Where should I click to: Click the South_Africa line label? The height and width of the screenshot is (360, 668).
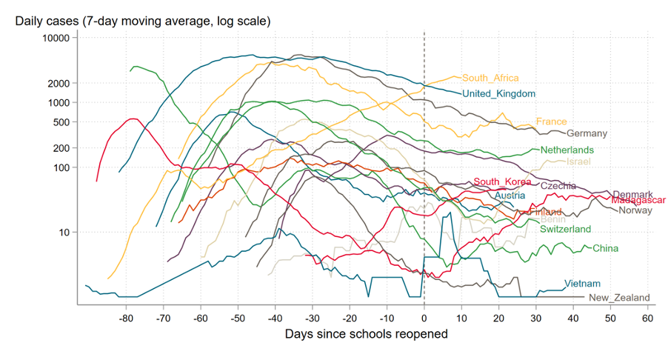click(x=490, y=78)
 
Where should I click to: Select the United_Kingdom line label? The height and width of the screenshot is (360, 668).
click(x=498, y=93)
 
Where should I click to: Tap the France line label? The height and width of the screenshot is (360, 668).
click(x=551, y=121)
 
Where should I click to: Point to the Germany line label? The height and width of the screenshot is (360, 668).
click(x=587, y=133)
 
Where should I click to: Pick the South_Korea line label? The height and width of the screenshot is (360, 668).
click(x=502, y=181)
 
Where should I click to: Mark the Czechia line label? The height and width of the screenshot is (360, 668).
click(x=558, y=186)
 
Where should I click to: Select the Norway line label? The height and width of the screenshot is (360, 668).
click(x=635, y=210)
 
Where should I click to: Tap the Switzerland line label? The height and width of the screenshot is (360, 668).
click(x=565, y=229)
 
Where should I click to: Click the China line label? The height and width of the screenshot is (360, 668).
click(x=605, y=248)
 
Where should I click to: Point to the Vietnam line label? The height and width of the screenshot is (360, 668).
click(x=582, y=284)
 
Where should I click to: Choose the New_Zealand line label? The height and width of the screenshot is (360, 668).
click(x=619, y=298)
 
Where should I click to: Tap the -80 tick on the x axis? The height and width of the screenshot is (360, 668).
click(x=126, y=319)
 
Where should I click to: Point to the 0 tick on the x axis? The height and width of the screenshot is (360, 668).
click(x=424, y=319)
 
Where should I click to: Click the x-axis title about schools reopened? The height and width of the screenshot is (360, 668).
click(x=367, y=334)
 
